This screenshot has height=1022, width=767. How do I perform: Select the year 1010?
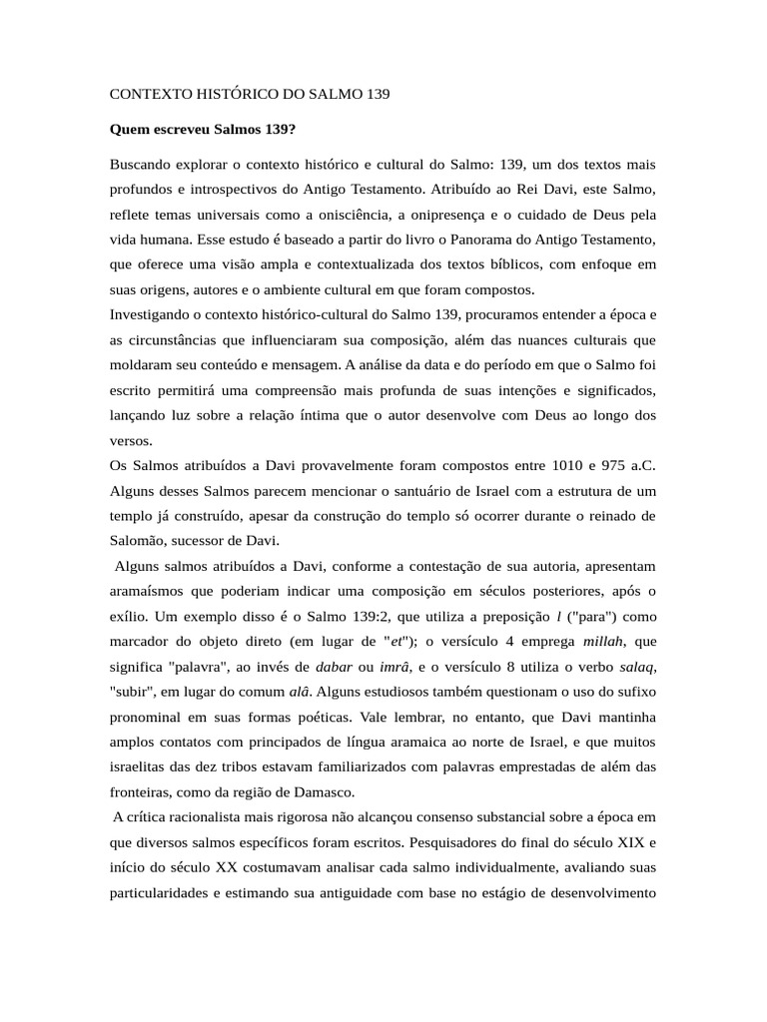538,465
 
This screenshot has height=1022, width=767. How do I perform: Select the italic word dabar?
334,667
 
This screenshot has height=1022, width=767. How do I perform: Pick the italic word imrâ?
398,667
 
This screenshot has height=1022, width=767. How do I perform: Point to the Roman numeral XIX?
624,843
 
